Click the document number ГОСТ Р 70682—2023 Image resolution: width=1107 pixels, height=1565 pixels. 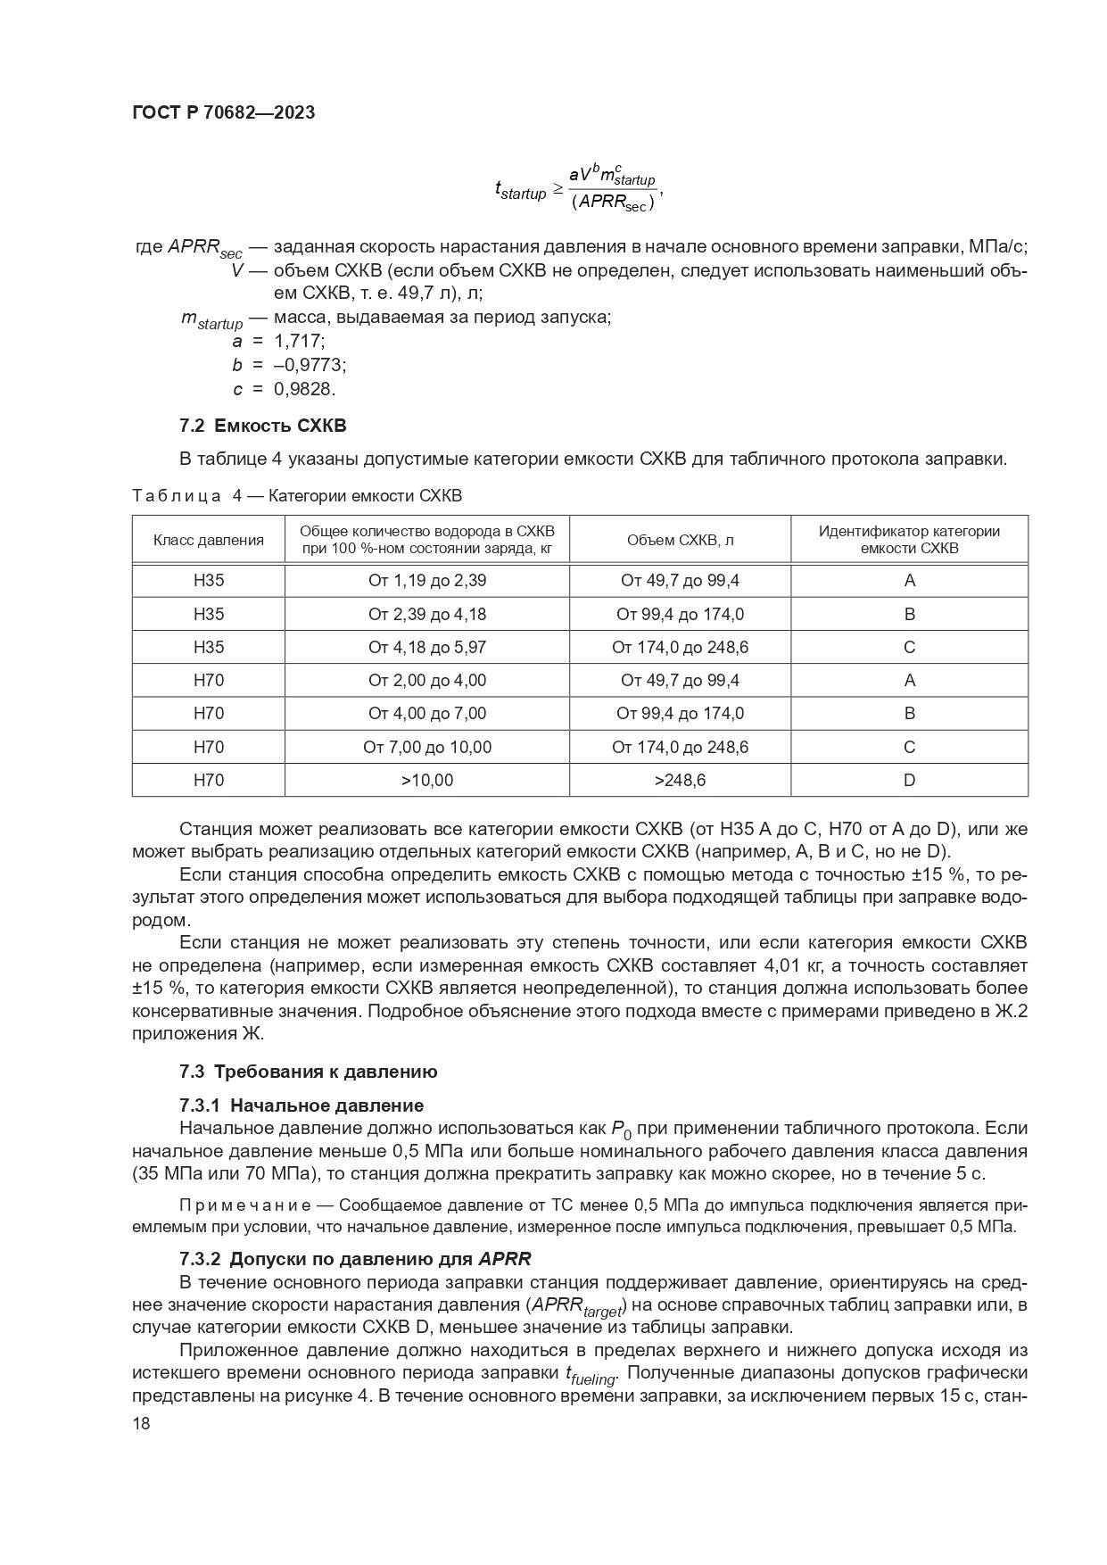tap(223, 113)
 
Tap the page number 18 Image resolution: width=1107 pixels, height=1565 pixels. tap(141, 1423)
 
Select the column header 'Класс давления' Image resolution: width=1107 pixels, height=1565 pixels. tap(209, 540)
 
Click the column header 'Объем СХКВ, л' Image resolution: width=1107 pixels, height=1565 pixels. tap(680, 540)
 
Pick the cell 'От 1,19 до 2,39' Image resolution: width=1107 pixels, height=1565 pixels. tap(427, 581)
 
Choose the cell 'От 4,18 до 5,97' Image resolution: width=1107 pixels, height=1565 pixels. tap(427, 647)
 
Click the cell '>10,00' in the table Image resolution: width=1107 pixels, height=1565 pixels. tap(427, 780)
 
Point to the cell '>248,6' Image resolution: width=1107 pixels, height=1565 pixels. tap(680, 780)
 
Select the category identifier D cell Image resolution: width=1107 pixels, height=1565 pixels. tap(909, 780)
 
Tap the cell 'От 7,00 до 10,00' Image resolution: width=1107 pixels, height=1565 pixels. tap(427, 747)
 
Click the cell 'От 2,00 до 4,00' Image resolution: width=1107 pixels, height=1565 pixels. tap(427, 680)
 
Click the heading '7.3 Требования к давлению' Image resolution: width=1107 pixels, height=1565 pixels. tap(308, 1072)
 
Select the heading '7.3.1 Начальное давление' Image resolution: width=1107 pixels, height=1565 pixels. tap(302, 1105)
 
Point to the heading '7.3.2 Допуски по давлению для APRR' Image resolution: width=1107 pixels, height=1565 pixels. tap(355, 1259)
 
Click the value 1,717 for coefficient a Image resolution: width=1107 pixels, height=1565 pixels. tap(300, 341)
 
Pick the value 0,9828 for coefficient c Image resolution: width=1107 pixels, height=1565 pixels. tap(304, 389)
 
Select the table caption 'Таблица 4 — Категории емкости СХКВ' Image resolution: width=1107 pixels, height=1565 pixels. tap(297, 495)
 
